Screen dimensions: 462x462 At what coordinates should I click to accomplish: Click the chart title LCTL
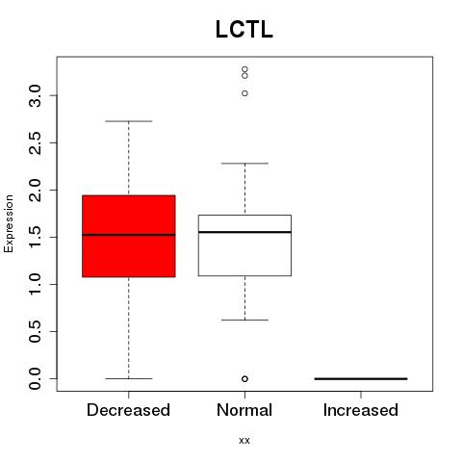(244, 29)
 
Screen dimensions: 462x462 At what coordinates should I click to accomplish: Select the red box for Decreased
(129, 236)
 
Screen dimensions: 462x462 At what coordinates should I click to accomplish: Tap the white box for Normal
(244, 245)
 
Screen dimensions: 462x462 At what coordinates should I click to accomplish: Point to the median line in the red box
(129, 235)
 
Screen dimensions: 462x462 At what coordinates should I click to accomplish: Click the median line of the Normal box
(244, 232)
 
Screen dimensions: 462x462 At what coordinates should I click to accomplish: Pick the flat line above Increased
(361, 378)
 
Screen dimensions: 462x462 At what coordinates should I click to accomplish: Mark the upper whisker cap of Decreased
(129, 121)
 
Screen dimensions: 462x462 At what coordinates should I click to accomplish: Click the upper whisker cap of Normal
(244, 164)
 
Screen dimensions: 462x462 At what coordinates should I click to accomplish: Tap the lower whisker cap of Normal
(244, 320)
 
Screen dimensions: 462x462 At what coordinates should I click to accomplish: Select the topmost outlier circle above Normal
(244, 69)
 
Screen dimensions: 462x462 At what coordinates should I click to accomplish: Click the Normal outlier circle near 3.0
(244, 93)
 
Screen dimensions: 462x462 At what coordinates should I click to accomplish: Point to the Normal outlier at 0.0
(244, 379)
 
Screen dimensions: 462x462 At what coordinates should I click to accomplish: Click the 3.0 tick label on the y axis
(35, 95)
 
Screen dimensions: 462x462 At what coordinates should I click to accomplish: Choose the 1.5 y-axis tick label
(35, 237)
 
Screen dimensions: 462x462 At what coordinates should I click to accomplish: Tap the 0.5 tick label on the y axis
(35, 331)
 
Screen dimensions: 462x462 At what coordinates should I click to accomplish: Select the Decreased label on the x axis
(128, 410)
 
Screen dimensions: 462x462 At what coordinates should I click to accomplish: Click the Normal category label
(244, 410)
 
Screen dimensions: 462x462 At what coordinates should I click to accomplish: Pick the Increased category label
(361, 410)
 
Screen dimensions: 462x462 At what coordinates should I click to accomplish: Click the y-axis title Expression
(9, 223)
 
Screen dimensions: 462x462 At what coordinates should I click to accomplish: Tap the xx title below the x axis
(244, 441)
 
